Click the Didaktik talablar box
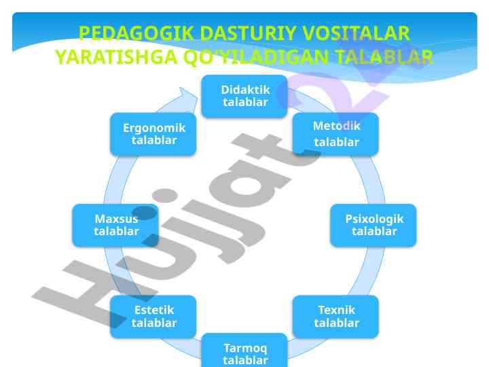[244, 96]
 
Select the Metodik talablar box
[336, 134]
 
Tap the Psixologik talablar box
[374, 226]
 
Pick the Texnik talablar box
[336, 317]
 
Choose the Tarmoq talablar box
[244, 351]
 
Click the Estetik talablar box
[153, 317]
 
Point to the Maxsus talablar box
[115, 226]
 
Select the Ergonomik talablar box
[153, 134]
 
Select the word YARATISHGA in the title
[116, 57]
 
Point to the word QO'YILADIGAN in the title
[256, 57]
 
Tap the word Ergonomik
[154, 128]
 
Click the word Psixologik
[374, 219]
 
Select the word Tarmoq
[245, 348]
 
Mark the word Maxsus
[116, 219]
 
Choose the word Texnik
[336, 310]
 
